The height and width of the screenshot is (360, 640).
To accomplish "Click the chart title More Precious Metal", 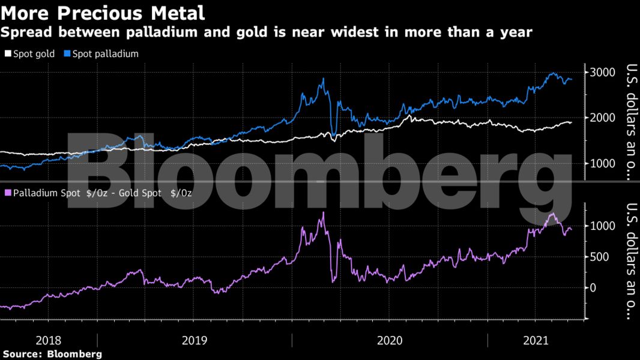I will [x=103, y=12].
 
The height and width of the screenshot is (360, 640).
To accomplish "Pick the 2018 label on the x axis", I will [x=48, y=340].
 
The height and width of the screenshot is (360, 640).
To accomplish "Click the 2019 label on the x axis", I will [x=195, y=340].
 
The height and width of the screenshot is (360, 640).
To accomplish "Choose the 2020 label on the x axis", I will [x=390, y=340].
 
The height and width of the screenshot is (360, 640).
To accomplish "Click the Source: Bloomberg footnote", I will [x=52, y=354].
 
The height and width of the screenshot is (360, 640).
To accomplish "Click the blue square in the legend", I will [x=67, y=54].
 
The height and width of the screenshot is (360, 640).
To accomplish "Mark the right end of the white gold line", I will [x=571, y=122].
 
